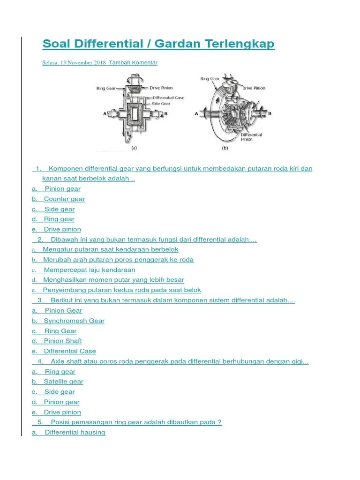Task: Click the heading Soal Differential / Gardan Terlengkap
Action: click(158, 44)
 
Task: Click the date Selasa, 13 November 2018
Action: click(74, 63)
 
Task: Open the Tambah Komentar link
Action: click(133, 63)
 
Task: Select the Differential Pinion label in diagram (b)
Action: click(252, 137)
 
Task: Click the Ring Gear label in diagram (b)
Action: click(210, 79)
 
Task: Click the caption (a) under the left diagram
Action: click(134, 147)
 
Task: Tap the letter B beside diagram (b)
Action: click(270, 113)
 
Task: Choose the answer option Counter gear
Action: click(64, 199)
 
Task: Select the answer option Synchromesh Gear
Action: click(74, 321)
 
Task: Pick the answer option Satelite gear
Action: click(63, 382)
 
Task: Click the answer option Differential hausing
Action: click(75, 432)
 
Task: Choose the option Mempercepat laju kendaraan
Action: click(89, 270)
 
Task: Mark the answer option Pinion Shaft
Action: click(63, 341)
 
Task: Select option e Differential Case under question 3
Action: click(69, 351)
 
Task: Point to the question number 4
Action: click(41, 361)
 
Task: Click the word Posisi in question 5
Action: click(60, 422)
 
